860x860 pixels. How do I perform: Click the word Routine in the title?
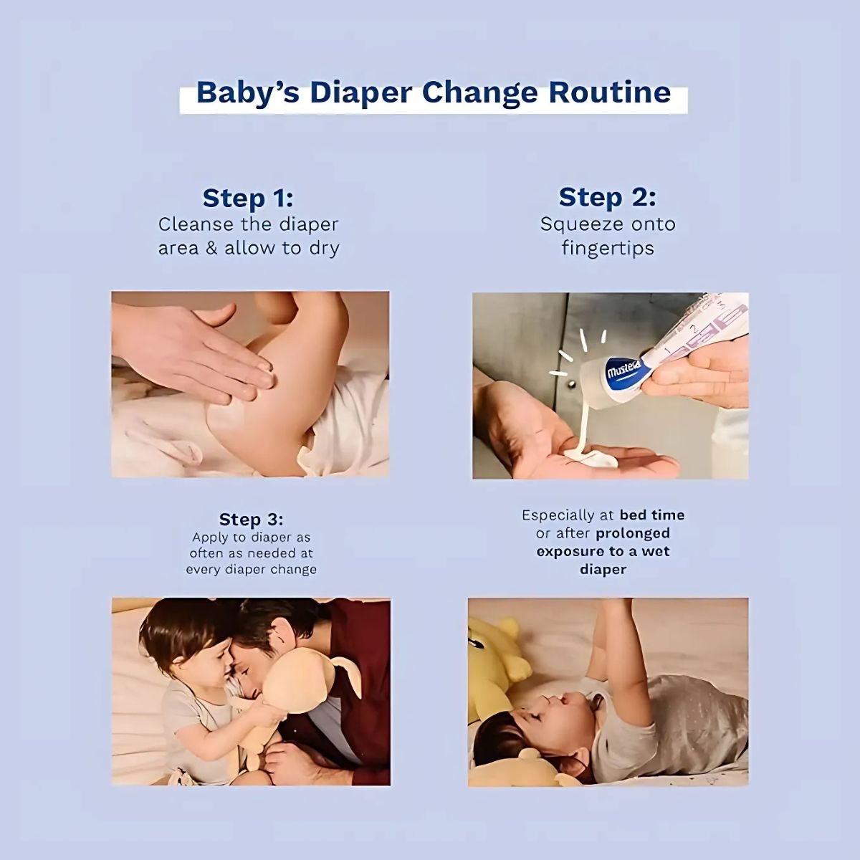coord(610,92)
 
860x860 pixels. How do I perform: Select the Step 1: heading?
coord(248,198)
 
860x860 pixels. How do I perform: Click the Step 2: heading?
coord(608,197)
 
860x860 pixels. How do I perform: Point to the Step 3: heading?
coord(251,520)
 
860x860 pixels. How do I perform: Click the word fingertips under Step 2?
coord(608,249)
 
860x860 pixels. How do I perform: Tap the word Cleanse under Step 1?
coord(195,224)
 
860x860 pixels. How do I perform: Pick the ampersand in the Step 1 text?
coord(211,248)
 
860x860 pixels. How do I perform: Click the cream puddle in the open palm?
coord(590,458)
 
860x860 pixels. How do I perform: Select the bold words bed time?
coord(652,515)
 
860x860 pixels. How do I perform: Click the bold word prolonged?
coord(633,533)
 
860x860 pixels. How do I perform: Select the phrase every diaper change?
coord(252,570)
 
